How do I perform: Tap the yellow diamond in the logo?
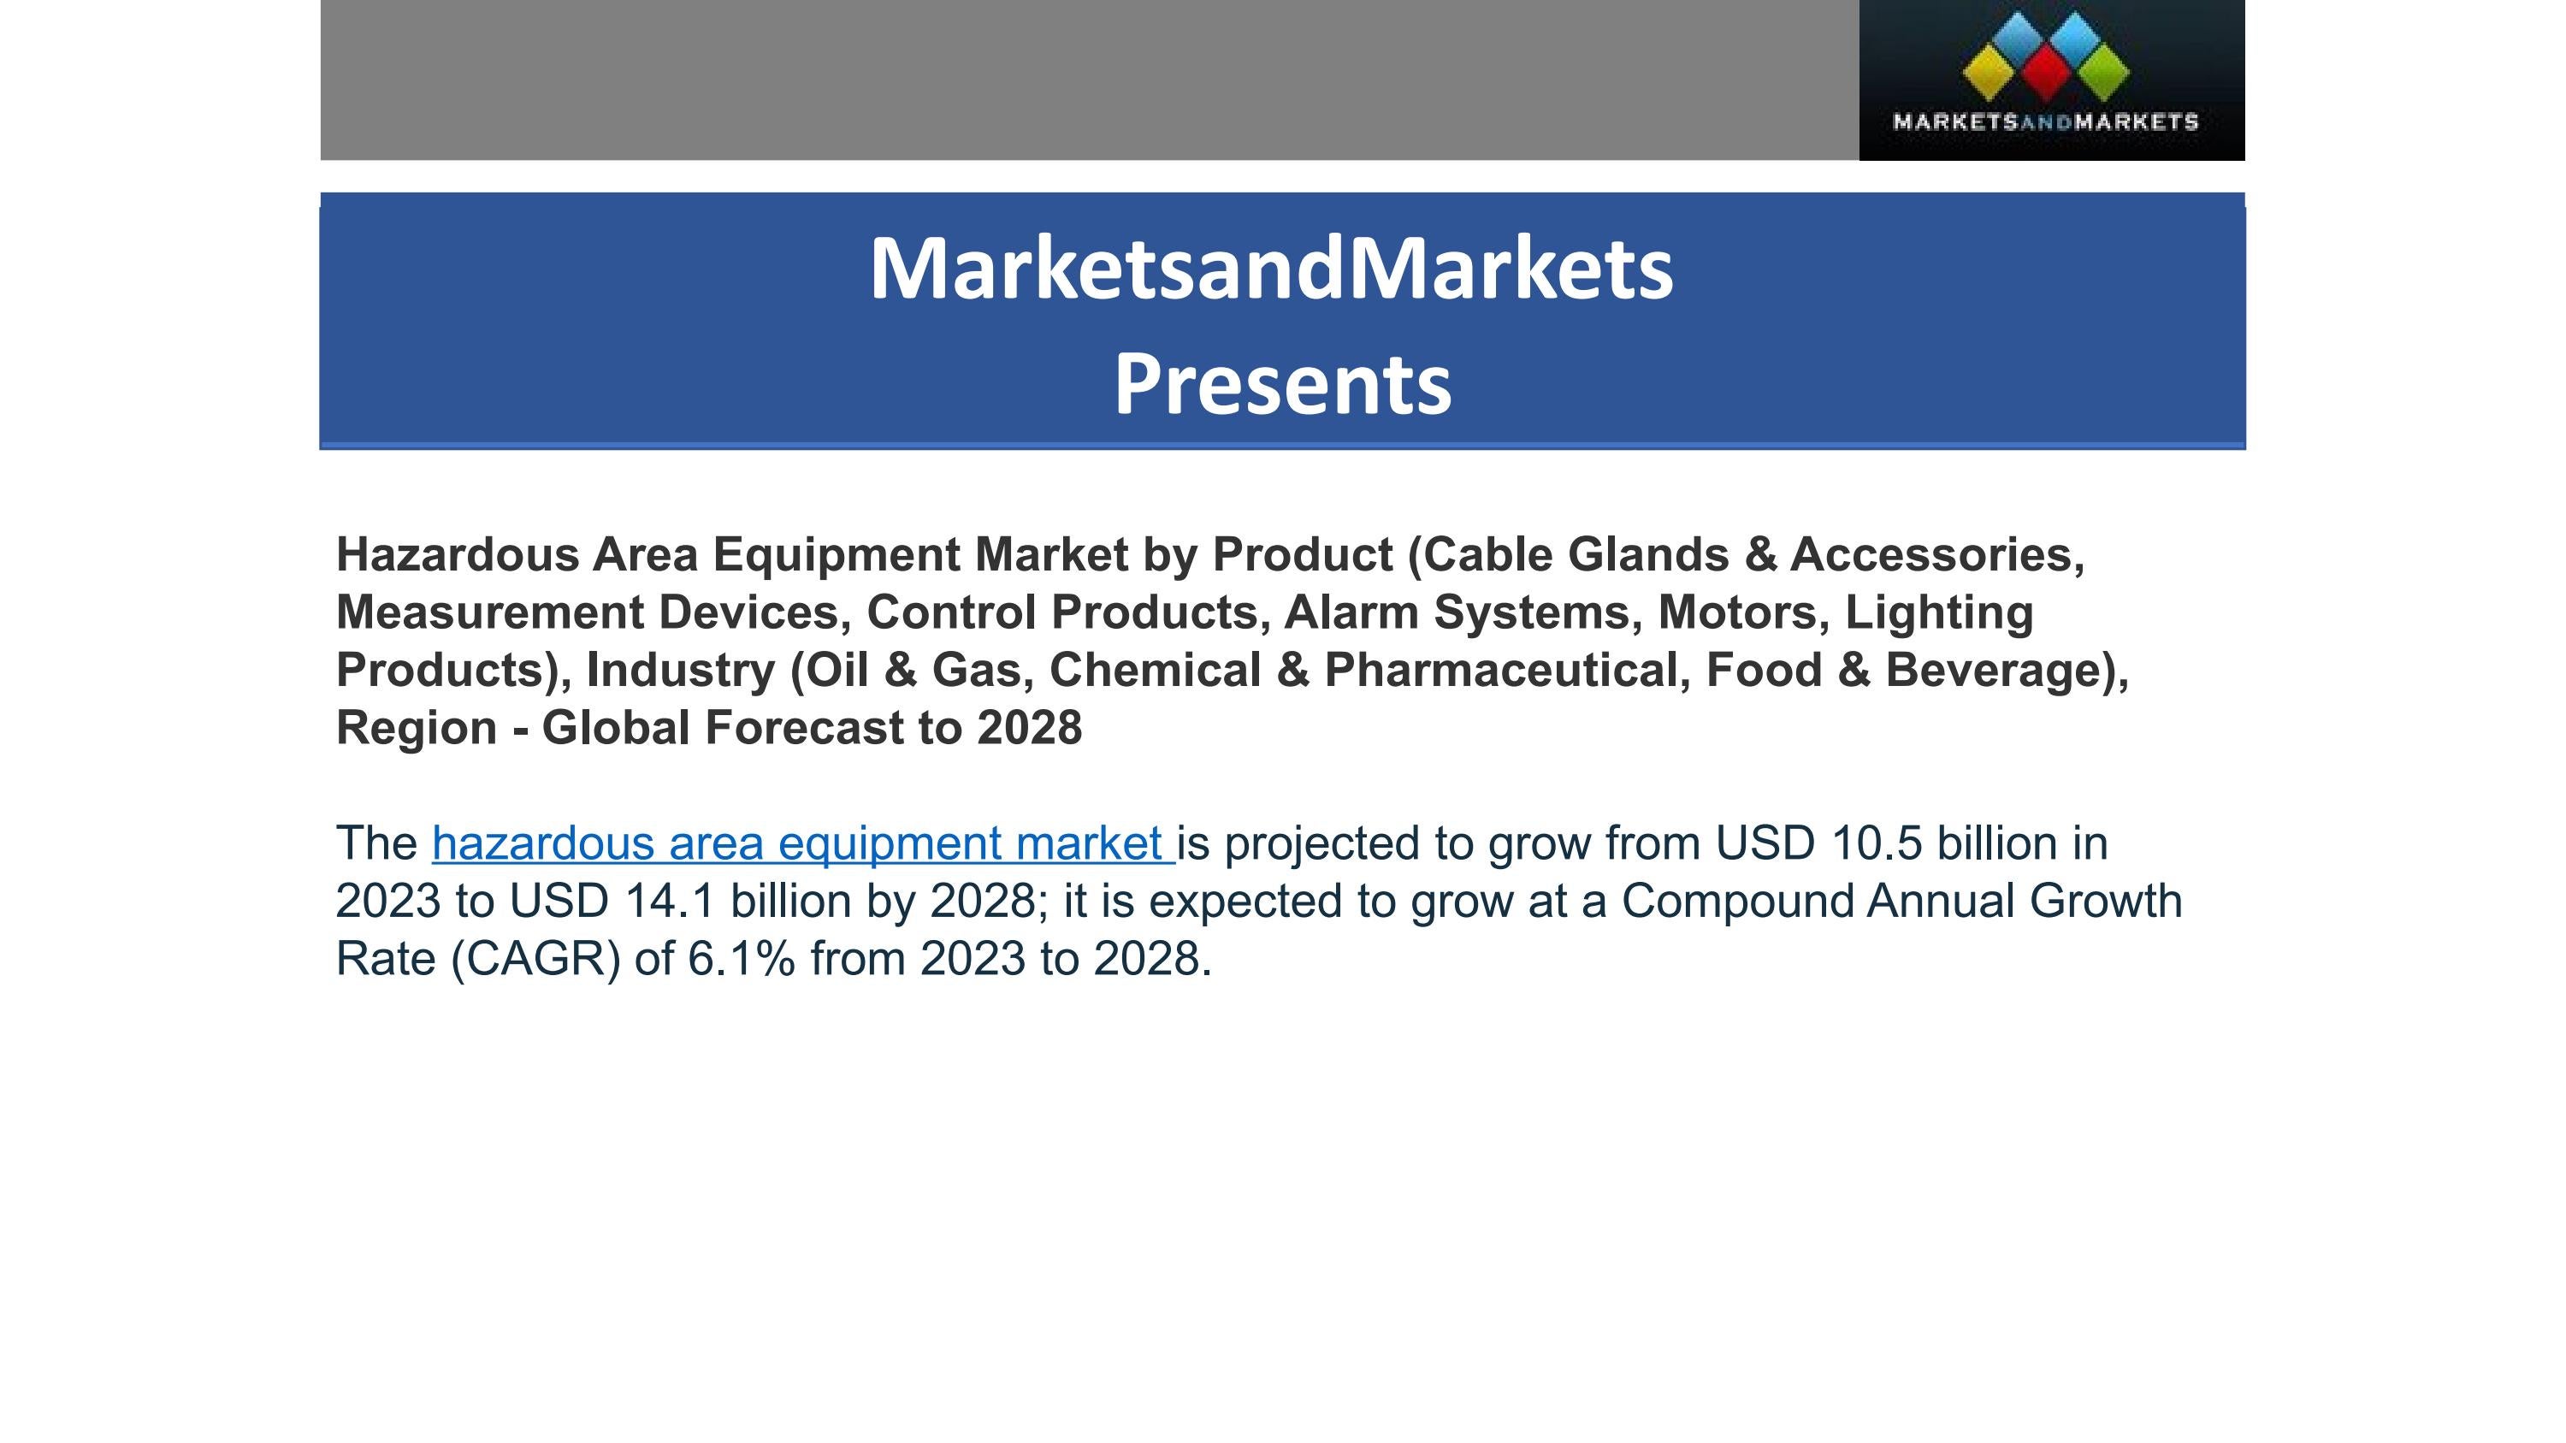(1989, 73)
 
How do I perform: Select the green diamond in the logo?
(2102, 73)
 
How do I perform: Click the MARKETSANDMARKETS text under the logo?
(2045, 122)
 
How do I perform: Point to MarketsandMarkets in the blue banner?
(1271, 269)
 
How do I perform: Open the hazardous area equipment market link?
(802, 843)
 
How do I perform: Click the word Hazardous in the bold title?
(458, 554)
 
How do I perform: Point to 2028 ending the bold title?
(1029, 728)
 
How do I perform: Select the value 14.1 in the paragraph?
(670, 902)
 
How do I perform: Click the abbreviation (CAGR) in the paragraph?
(536, 959)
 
